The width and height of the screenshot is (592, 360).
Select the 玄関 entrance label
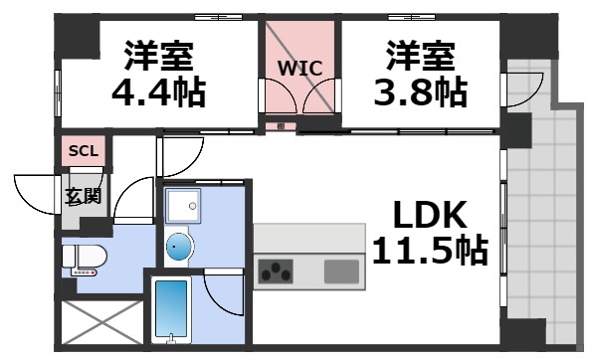tap(83, 196)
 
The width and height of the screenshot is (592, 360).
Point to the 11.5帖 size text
tap(430, 251)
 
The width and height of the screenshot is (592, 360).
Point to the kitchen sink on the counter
tap(341, 270)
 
